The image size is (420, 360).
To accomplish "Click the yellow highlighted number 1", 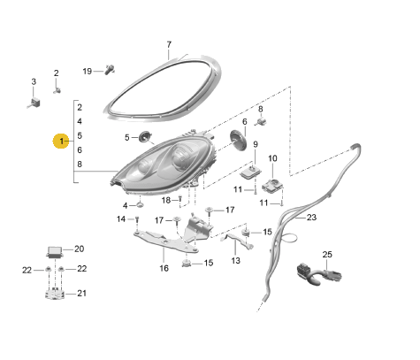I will tap(61, 142).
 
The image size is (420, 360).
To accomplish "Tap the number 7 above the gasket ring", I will tap(170, 43).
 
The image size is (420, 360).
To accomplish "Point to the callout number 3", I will tap(34, 82).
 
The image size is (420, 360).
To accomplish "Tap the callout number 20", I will tap(79, 249).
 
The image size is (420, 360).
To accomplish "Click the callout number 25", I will tap(326, 255).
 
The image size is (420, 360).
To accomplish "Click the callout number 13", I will tap(235, 261).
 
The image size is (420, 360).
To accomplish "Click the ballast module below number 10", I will tap(272, 184).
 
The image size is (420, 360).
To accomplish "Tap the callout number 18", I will tap(165, 200).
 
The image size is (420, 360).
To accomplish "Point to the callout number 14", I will tap(121, 218).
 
